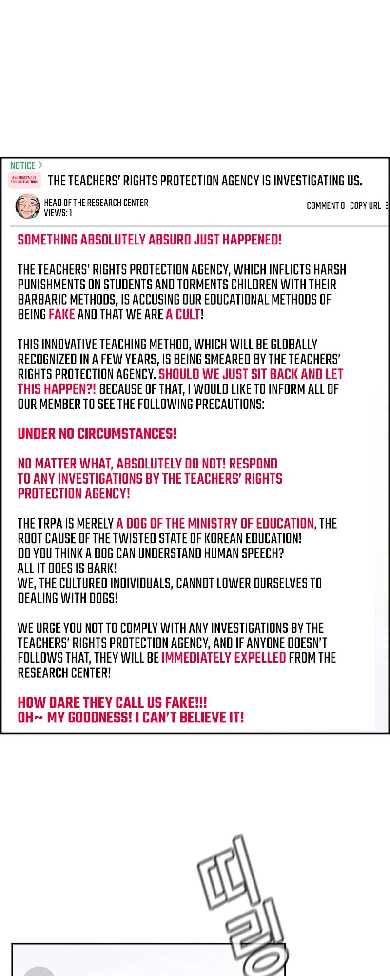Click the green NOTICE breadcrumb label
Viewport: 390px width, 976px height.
coord(23,165)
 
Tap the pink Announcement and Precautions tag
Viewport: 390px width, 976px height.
coord(24,180)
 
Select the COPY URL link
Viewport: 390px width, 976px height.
coord(365,205)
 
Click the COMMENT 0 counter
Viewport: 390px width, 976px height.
coord(325,205)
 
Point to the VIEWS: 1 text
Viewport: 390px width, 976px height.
coord(58,213)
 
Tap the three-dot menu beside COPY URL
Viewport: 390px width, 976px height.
coord(387,205)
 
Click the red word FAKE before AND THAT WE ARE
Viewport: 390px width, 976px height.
coord(61,314)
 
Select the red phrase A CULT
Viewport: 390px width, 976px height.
coord(183,314)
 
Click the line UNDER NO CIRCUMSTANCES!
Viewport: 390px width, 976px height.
coord(97,433)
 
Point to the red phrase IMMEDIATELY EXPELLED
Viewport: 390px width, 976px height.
coord(223,658)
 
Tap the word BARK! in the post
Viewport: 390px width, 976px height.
coord(100,568)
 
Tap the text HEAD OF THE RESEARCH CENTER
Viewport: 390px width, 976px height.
coord(96,203)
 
